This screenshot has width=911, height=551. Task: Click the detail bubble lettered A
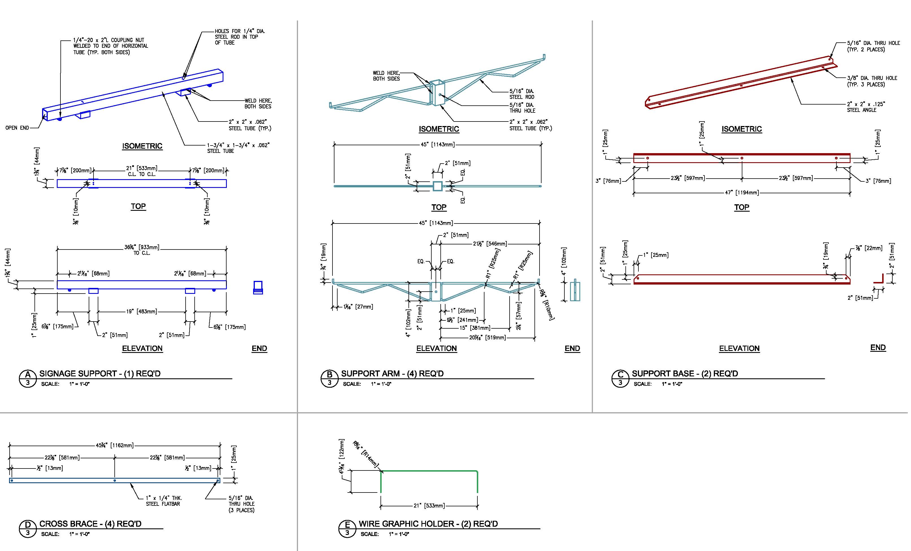pyautogui.click(x=28, y=378)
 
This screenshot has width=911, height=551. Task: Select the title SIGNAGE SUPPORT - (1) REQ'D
pyautogui.click(x=100, y=374)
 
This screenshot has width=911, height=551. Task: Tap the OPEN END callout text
pyautogui.click(x=17, y=128)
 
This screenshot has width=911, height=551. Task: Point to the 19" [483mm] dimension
pyautogui.click(x=141, y=311)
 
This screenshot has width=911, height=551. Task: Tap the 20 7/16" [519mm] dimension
pyautogui.click(x=487, y=337)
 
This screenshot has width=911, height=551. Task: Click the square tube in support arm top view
pyautogui.click(x=437, y=186)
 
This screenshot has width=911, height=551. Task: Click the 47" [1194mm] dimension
pyautogui.click(x=742, y=193)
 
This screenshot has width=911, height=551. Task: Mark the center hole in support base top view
pyautogui.click(x=742, y=158)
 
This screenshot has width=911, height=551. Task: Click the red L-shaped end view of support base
pyautogui.click(x=879, y=279)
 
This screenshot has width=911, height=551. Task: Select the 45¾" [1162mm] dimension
pyautogui.click(x=115, y=445)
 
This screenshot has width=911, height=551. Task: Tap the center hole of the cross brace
pyautogui.click(x=115, y=480)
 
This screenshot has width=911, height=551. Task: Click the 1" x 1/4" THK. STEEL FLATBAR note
pyautogui.click(x=164, y=501)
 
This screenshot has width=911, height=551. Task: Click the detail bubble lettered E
pyautogui.click(x=347, y=528)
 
